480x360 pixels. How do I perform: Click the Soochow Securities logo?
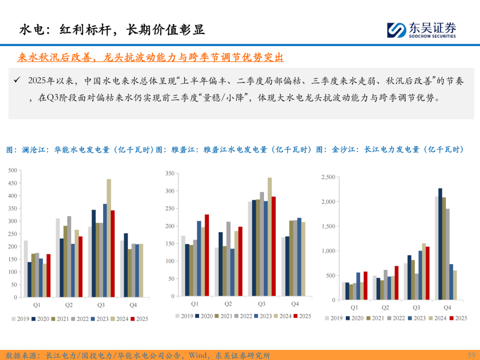click(x=421, y=30)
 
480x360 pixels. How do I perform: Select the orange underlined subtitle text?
click(x=150, y=58)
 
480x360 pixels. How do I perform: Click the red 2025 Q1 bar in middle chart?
click(x=207, y=255)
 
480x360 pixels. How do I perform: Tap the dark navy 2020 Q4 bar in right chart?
click(x=440, y=244)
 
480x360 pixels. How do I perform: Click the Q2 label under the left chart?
click(x=69, y=305)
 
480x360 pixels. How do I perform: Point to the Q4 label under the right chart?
click(x=447, y=308)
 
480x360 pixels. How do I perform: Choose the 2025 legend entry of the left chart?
click(x=140, y=319)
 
